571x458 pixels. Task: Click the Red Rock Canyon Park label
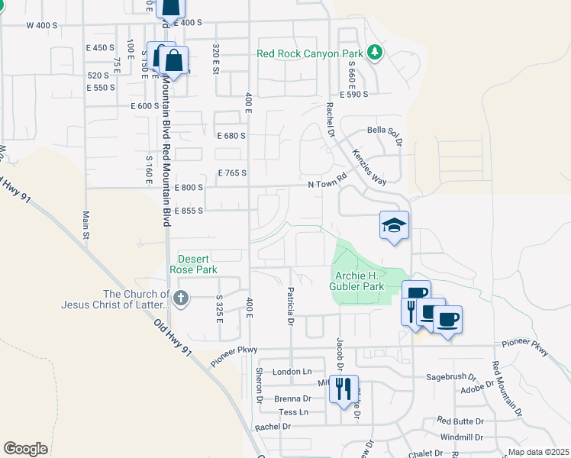309,53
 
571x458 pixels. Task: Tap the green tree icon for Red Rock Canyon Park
374,52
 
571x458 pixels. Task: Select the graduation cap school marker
394,225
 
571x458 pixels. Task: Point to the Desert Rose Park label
198,264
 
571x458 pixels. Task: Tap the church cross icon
180,298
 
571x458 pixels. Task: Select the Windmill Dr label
461,437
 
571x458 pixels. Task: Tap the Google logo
25,448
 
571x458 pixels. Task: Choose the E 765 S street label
232,173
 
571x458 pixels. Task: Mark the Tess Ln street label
293,412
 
